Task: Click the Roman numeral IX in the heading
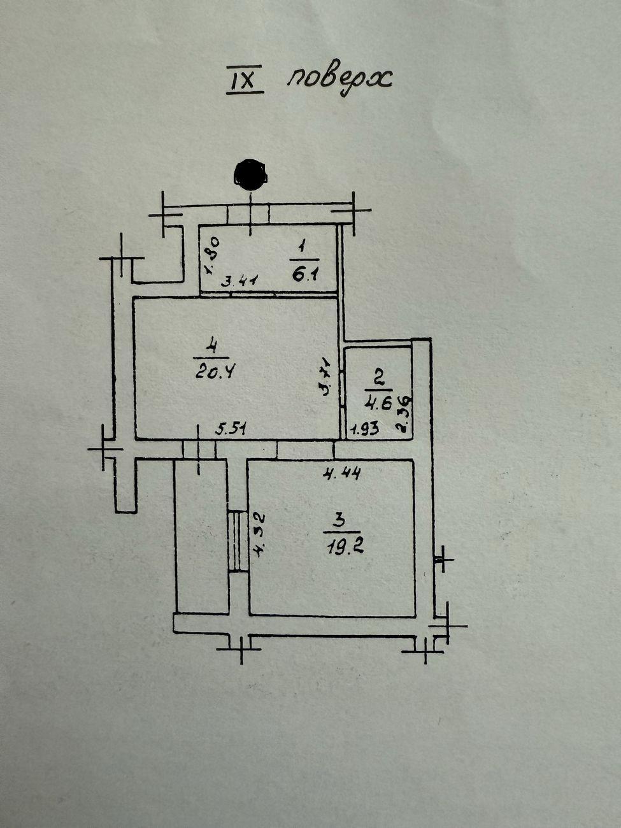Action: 245,82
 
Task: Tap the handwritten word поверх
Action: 339,79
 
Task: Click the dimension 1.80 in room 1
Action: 213,254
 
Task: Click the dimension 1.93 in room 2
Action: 365,429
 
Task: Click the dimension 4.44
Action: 342,473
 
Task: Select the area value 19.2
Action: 343,546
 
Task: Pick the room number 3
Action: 340,520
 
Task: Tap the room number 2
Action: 378,379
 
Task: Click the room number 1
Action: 303,245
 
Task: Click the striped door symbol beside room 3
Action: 238,541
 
